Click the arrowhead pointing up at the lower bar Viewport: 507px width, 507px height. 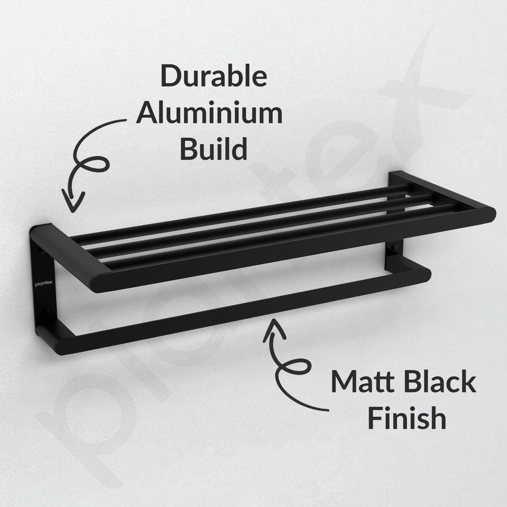(274, 330)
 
